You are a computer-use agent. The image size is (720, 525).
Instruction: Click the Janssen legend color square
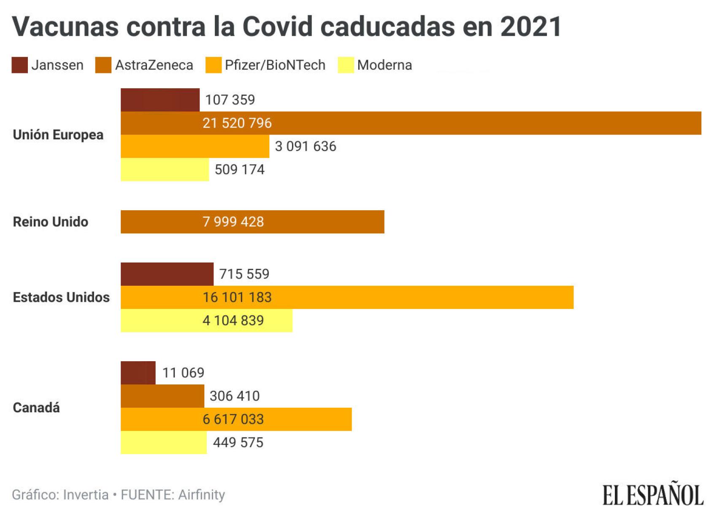(19, 65)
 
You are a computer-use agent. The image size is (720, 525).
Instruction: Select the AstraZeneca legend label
(154, 65)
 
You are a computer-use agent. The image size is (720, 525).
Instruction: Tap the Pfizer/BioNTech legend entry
(274, 65)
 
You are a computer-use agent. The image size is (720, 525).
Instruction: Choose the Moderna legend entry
(384, 65)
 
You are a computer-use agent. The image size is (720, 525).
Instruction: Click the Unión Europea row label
(58, 135)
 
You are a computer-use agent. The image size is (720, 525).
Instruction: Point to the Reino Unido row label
(51, 222)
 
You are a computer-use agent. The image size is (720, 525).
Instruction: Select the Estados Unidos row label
(61, 297)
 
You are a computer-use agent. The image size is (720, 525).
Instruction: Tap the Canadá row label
(36, 408)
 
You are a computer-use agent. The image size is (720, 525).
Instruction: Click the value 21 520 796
(237, 123)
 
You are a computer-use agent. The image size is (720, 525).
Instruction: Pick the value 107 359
(230, 100)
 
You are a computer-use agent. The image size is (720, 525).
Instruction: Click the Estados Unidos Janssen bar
(167, 274)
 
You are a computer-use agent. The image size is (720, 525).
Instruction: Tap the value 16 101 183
(237, 297)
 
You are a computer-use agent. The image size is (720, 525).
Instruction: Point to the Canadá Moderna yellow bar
(163, 442)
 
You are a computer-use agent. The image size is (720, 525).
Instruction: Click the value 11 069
(183, 373)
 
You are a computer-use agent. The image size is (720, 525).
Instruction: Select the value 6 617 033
(233, 419)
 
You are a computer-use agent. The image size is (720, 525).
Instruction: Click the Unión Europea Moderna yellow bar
(165, 170)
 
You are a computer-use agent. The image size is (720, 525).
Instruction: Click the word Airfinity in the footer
(201, 495)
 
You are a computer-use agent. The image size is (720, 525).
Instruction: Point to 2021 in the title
(531, 27)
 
